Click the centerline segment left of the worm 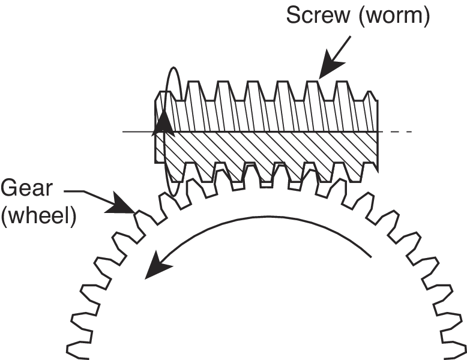(138, 131)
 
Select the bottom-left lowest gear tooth (78, 349)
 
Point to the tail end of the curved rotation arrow (371, 256)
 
